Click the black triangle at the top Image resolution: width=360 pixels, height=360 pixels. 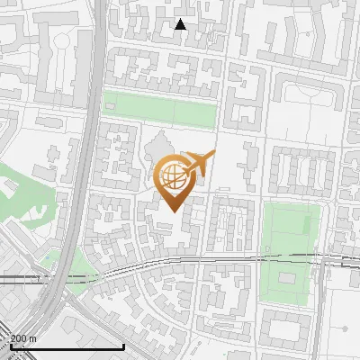[180, 24]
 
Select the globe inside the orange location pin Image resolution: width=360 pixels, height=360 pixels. [172, 175]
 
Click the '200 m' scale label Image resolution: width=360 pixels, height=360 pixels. [24, 338]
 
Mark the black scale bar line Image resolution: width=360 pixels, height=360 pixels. [67, 346]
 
